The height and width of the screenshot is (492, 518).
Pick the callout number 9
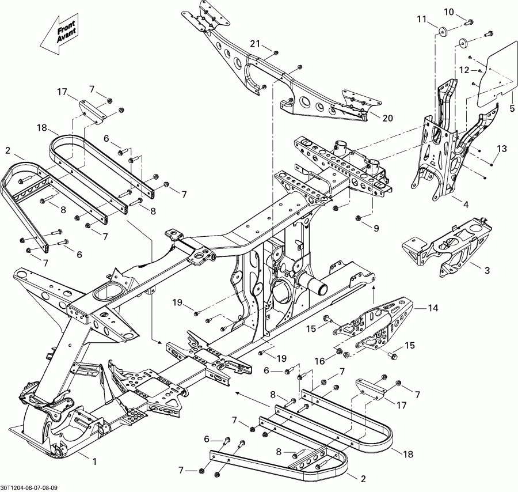point(376,228)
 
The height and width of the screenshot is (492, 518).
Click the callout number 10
point(449,12)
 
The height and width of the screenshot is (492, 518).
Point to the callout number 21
point(255,44)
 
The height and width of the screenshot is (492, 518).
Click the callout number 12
point(464,70)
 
